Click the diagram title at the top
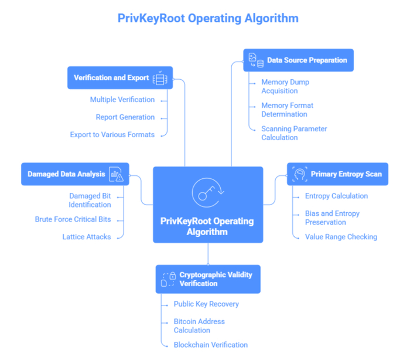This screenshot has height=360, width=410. (208, 18)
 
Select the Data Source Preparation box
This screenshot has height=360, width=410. (298, 60)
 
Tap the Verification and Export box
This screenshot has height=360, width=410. (119, 77)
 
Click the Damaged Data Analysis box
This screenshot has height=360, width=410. (75, 174)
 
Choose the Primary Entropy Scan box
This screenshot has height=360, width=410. (337, 174)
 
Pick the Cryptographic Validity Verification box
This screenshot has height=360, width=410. (207, 279)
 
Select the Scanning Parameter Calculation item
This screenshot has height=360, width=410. (294, 133)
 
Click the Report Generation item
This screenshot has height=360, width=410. (125, 117)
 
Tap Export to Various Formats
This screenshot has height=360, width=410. (112, 135)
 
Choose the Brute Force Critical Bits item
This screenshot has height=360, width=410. (73, 219)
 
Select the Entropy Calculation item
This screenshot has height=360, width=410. (336, 196)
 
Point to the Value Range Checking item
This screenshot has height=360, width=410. (341, 237)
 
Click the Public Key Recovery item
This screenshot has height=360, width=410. (206, 304)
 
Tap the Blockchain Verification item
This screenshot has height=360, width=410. (210, 345)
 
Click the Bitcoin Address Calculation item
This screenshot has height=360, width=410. (199, 325)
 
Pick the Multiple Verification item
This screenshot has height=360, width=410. (122, 100)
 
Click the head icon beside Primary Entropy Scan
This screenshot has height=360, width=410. (300, 174)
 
